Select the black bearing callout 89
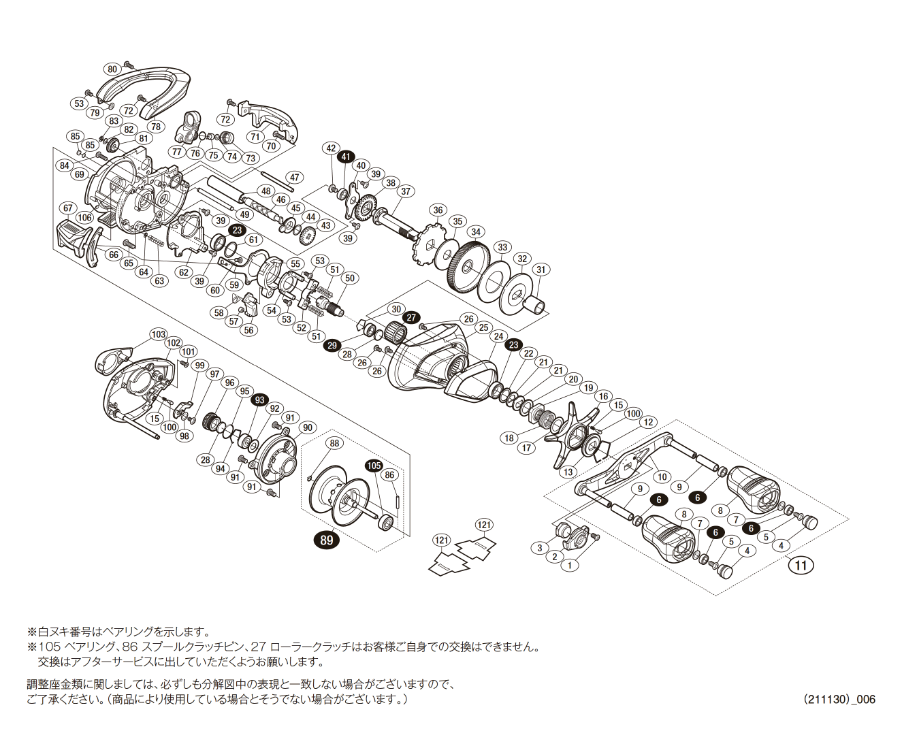point(327,540)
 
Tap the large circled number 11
point(801,565)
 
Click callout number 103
point(159,334)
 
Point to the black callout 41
point(347,157)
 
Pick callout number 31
point(541,270)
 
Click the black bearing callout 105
point(374,466)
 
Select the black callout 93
point(259,400)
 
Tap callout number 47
point(293,178)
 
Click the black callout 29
point(332,346)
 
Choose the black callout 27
point(411,318)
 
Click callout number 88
point(334,443)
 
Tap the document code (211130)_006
point(839,699)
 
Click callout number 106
point(84,218)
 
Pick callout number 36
point(438,210)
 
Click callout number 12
point(648,422)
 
